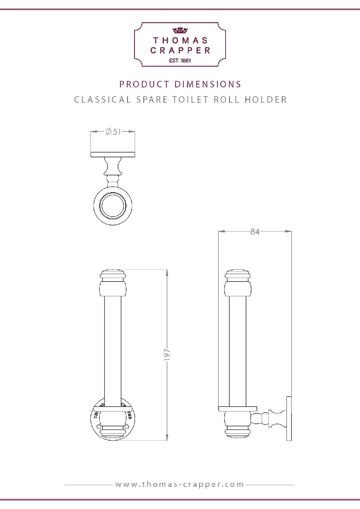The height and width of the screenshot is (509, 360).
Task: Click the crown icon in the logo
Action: point(180,30)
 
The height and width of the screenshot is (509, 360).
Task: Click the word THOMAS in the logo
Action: point(180,40)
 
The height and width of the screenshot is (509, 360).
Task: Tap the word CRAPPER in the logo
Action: point(180,50)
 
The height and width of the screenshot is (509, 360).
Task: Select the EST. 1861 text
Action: point(180,61)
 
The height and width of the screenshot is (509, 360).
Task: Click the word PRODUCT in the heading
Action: point(144,84)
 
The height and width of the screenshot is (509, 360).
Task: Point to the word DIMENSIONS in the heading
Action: point(208,84)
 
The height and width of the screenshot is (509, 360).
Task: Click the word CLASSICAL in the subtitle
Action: point(102,100)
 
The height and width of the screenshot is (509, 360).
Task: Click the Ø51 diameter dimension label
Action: point(113,132)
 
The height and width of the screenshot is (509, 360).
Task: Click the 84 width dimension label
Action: point(255,232)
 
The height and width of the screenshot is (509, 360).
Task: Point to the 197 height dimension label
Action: point(167,354)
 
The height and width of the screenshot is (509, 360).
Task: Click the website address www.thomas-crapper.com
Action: point(180,484)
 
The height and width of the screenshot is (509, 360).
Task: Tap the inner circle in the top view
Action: point(113,206)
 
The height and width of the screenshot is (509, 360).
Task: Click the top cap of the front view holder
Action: point(113,274)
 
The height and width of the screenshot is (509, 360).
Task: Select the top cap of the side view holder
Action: point(238,274)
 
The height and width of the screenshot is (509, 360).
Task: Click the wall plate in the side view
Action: point(289,418)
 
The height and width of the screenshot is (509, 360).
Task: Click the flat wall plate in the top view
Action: point(113,154)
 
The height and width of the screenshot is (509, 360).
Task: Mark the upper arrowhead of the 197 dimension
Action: point(167,272)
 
